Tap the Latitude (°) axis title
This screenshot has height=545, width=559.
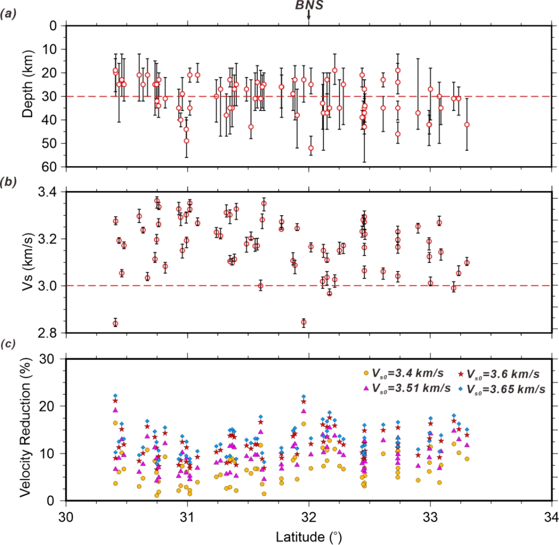pos(308,533)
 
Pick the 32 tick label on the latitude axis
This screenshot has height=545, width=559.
pos(309,516)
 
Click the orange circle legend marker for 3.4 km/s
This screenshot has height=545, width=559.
pos(366,374)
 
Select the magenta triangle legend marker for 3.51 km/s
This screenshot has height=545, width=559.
pos(366,388)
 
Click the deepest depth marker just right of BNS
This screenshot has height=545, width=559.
pos(311,148)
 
